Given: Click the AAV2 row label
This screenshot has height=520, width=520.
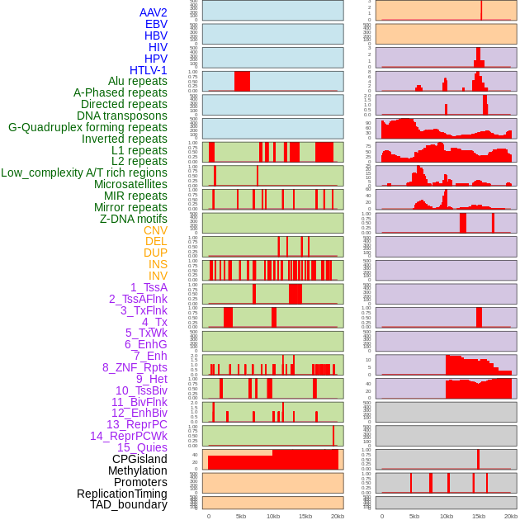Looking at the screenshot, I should (x=154, y=12).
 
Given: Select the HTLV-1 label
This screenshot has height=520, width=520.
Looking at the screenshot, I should (x=149, y=70).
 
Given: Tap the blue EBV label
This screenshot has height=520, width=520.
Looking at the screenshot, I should (x=156, y=24).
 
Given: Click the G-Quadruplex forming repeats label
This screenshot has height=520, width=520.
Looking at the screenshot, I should (x=87, y=127).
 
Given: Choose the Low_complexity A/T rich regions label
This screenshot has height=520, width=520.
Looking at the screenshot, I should (x=84, y=173).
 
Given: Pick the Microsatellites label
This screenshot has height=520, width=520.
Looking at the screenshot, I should (x=130, y=184).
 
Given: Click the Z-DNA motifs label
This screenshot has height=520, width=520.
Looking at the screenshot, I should (x=134, y=219).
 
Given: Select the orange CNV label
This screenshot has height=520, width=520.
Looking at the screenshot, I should (x=155, y=230).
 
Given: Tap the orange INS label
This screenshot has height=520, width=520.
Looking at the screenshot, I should (x=158, y=264).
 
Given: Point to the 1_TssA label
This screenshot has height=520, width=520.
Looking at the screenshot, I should (x=149, y=287).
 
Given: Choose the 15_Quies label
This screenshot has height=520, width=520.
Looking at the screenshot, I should (x=142, y=447).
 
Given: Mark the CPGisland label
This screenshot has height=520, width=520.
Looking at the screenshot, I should (x=139, y=459).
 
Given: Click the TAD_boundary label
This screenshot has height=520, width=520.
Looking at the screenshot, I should (x=129, y=504).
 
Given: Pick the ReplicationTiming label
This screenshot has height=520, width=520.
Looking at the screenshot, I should (x=122, y=494).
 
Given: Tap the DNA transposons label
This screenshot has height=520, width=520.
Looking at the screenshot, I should (x=122, y=116).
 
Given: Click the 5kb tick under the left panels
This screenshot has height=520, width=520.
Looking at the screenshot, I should (x=241, y=516).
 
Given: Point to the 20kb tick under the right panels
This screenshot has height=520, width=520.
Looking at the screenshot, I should (x=511, y=516).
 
